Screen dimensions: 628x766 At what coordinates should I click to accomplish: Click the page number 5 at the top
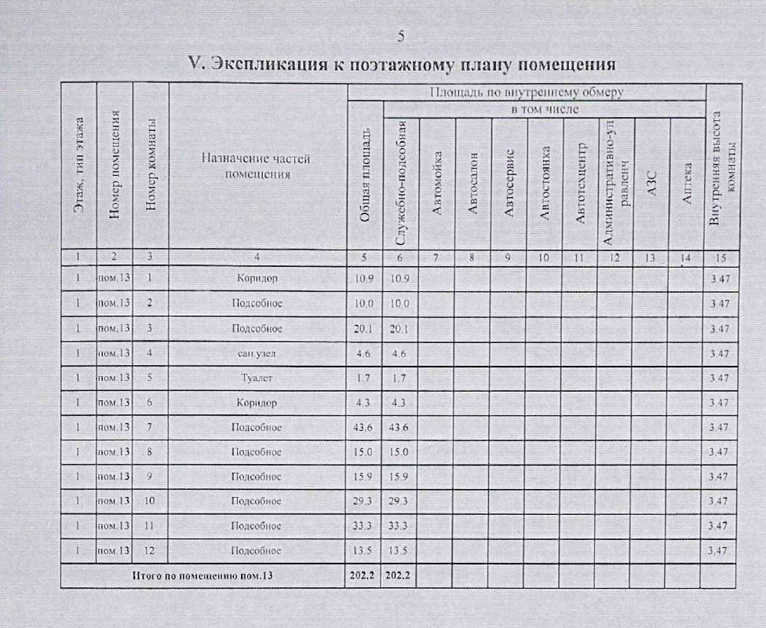tap(401, 35)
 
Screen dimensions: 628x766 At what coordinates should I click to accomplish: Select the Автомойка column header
tap(437, 183)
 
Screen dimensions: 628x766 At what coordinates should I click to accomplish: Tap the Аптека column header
tap(687, 183)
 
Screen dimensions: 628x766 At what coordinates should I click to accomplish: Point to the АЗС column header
tap(651, 183)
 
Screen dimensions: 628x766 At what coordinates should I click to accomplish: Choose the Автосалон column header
tap(472, 183)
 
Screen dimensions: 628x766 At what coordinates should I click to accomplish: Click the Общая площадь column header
tap(364, 183)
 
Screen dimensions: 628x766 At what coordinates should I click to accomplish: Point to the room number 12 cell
tap(149, 550)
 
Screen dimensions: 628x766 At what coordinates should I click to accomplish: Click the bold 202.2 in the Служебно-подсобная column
tap(400, 575)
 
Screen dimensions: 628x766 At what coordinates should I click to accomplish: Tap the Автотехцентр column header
tap(581, 183)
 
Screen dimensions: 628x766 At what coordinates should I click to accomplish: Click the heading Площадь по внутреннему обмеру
tap(527, 93)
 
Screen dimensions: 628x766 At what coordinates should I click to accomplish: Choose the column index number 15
tap(720, 257)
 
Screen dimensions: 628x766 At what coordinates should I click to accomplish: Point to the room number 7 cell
tap(149, 427)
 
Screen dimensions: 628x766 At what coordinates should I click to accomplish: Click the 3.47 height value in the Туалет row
tap(720, 378)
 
